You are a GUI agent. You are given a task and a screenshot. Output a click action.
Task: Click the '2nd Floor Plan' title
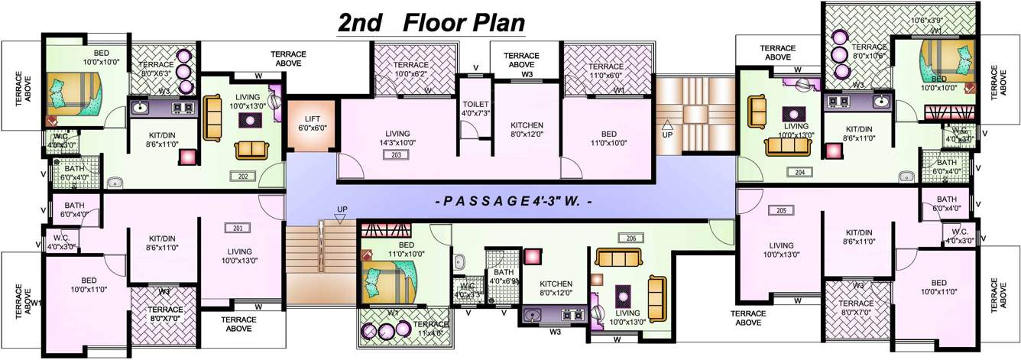pos(432,22)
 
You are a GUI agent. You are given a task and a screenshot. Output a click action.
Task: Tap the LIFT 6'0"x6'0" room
pos(312,123)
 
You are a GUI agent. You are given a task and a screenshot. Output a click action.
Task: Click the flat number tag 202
pos(241,176)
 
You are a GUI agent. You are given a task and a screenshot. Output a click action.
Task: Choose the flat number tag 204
pos(800,172)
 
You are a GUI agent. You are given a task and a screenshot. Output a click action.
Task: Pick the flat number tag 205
pos(780,210)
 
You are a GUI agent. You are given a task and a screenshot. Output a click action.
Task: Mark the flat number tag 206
pos(630,238)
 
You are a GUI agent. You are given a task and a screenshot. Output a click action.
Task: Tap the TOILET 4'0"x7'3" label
pos(475,109)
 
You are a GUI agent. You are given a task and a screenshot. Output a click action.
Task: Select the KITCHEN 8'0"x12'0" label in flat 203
pos(527,129)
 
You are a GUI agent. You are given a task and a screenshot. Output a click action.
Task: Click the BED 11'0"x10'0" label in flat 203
pos(609,138)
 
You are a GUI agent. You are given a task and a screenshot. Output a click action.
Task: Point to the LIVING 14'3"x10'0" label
pos(397,138)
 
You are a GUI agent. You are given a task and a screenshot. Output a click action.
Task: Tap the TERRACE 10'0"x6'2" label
pos(412,70)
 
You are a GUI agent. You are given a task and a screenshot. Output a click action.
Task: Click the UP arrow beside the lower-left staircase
pos(342,213)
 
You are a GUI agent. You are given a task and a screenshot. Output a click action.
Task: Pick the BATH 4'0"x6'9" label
pos(504,277)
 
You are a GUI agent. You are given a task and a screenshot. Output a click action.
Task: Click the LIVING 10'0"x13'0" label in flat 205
pos(782,250)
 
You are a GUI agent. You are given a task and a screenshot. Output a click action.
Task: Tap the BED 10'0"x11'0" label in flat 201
pos(89,285)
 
